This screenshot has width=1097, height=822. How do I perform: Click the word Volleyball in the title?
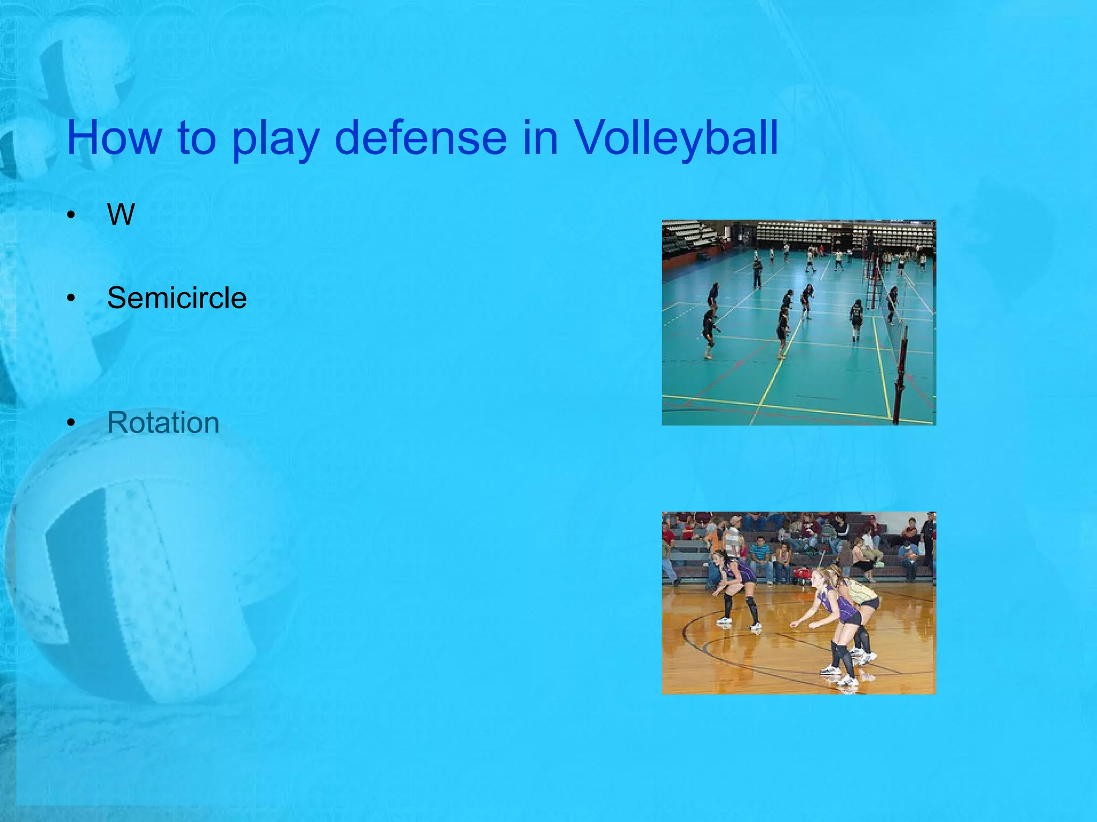click(x=676, y=138)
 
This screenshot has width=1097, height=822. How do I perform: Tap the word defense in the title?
click(x=420, y=138)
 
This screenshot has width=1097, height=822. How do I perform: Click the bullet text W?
click(x=121, y=215)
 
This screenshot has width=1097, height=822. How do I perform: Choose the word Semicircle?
click(x=177, y=298)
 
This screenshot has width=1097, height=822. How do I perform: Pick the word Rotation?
click(x=163, y=423)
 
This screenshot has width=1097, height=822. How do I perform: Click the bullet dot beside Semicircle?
click(x=71, y=299)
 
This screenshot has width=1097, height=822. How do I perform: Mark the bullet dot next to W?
click(x=71, y=216)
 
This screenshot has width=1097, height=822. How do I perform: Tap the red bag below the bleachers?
click(x=801, y=576)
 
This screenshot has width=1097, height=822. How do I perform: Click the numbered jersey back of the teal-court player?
click(x=856, y=316)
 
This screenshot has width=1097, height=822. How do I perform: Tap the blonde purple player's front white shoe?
click(x=830, y=669)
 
